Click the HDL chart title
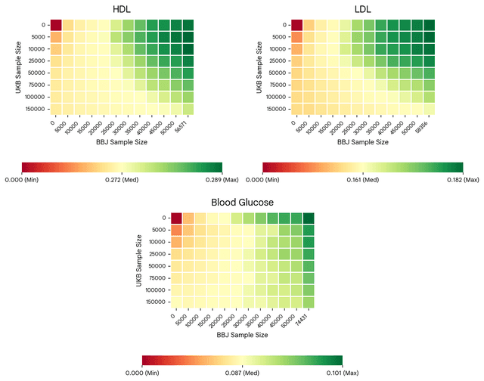point(122,9)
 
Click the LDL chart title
point(363,9)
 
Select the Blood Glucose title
point(242,203)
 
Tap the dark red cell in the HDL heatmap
point(56,25)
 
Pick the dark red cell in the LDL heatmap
point(296,25)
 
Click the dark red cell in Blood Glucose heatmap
point(176,218)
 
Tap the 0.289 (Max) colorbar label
point(222,180)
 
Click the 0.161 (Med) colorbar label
point(363,180)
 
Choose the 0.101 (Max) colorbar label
point(343,373)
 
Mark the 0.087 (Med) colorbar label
point(242,373)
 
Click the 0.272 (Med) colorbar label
point(122,180)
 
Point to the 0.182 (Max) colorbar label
point(463,180)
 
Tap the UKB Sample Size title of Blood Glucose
point(139,260)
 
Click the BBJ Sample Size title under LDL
point(363,142)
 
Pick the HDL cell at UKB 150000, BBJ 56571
point(188,109)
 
